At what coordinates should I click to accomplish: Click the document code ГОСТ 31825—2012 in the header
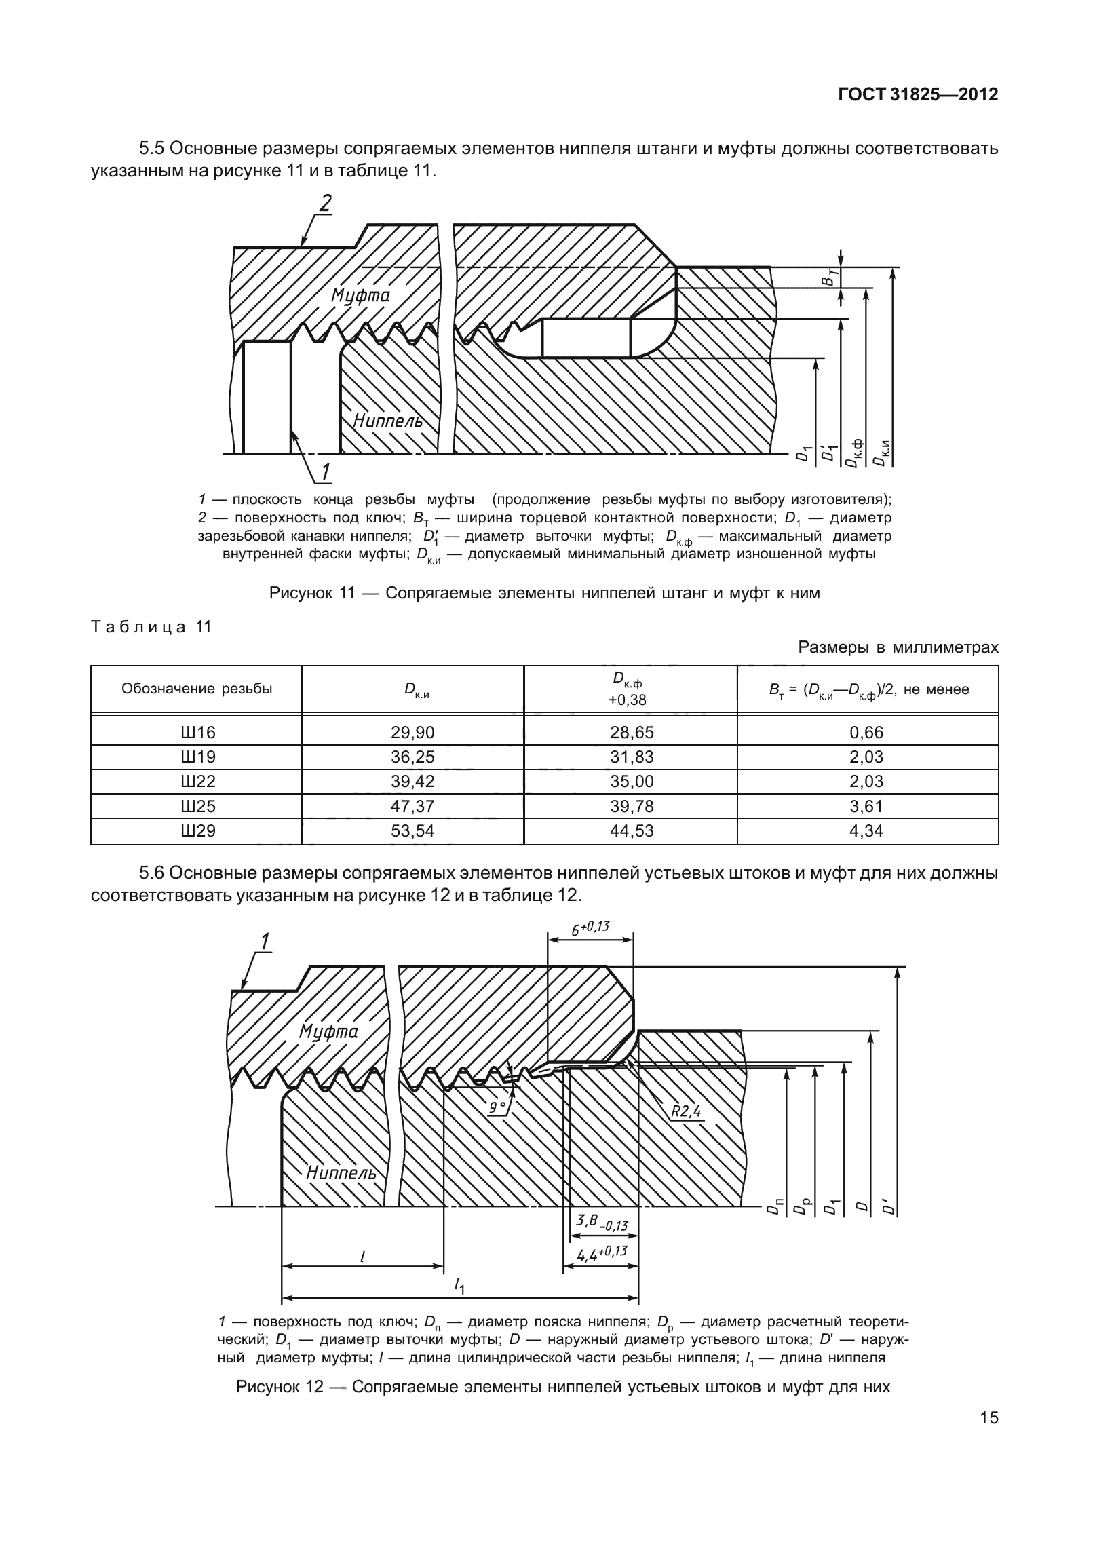[918, 94]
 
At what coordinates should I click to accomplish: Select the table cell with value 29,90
[412, 732]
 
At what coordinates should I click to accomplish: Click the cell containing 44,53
[631, 830]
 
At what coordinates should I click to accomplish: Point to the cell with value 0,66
[866, 732]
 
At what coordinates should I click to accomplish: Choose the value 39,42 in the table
[412, 781]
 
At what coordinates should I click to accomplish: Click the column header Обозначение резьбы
[197, 689]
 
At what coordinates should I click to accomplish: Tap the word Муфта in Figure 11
[360, 295]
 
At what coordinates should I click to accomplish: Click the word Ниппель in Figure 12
[341, 1172]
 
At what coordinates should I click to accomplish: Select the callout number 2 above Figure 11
[326, 203]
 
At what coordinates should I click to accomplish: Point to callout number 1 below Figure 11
[324, 472]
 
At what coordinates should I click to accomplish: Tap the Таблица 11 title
[151, 626]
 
